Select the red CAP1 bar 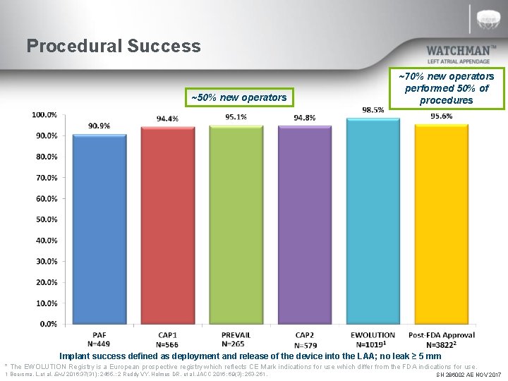[x=168, y=226]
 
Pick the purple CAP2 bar [x=305, y=226]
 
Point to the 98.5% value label [x=373, y=109]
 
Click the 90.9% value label [x=99, y=126]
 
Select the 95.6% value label [x=442, y=116]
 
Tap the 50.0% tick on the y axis [x=46, y=219]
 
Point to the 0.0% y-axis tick [x=48, y=324]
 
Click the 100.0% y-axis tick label [x=44, y=114]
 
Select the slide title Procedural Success [x=114, y=47]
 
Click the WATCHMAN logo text [x=461, y=51]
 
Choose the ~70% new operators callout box [x=446, y=87]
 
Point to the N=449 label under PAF [x=99, y=344]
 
